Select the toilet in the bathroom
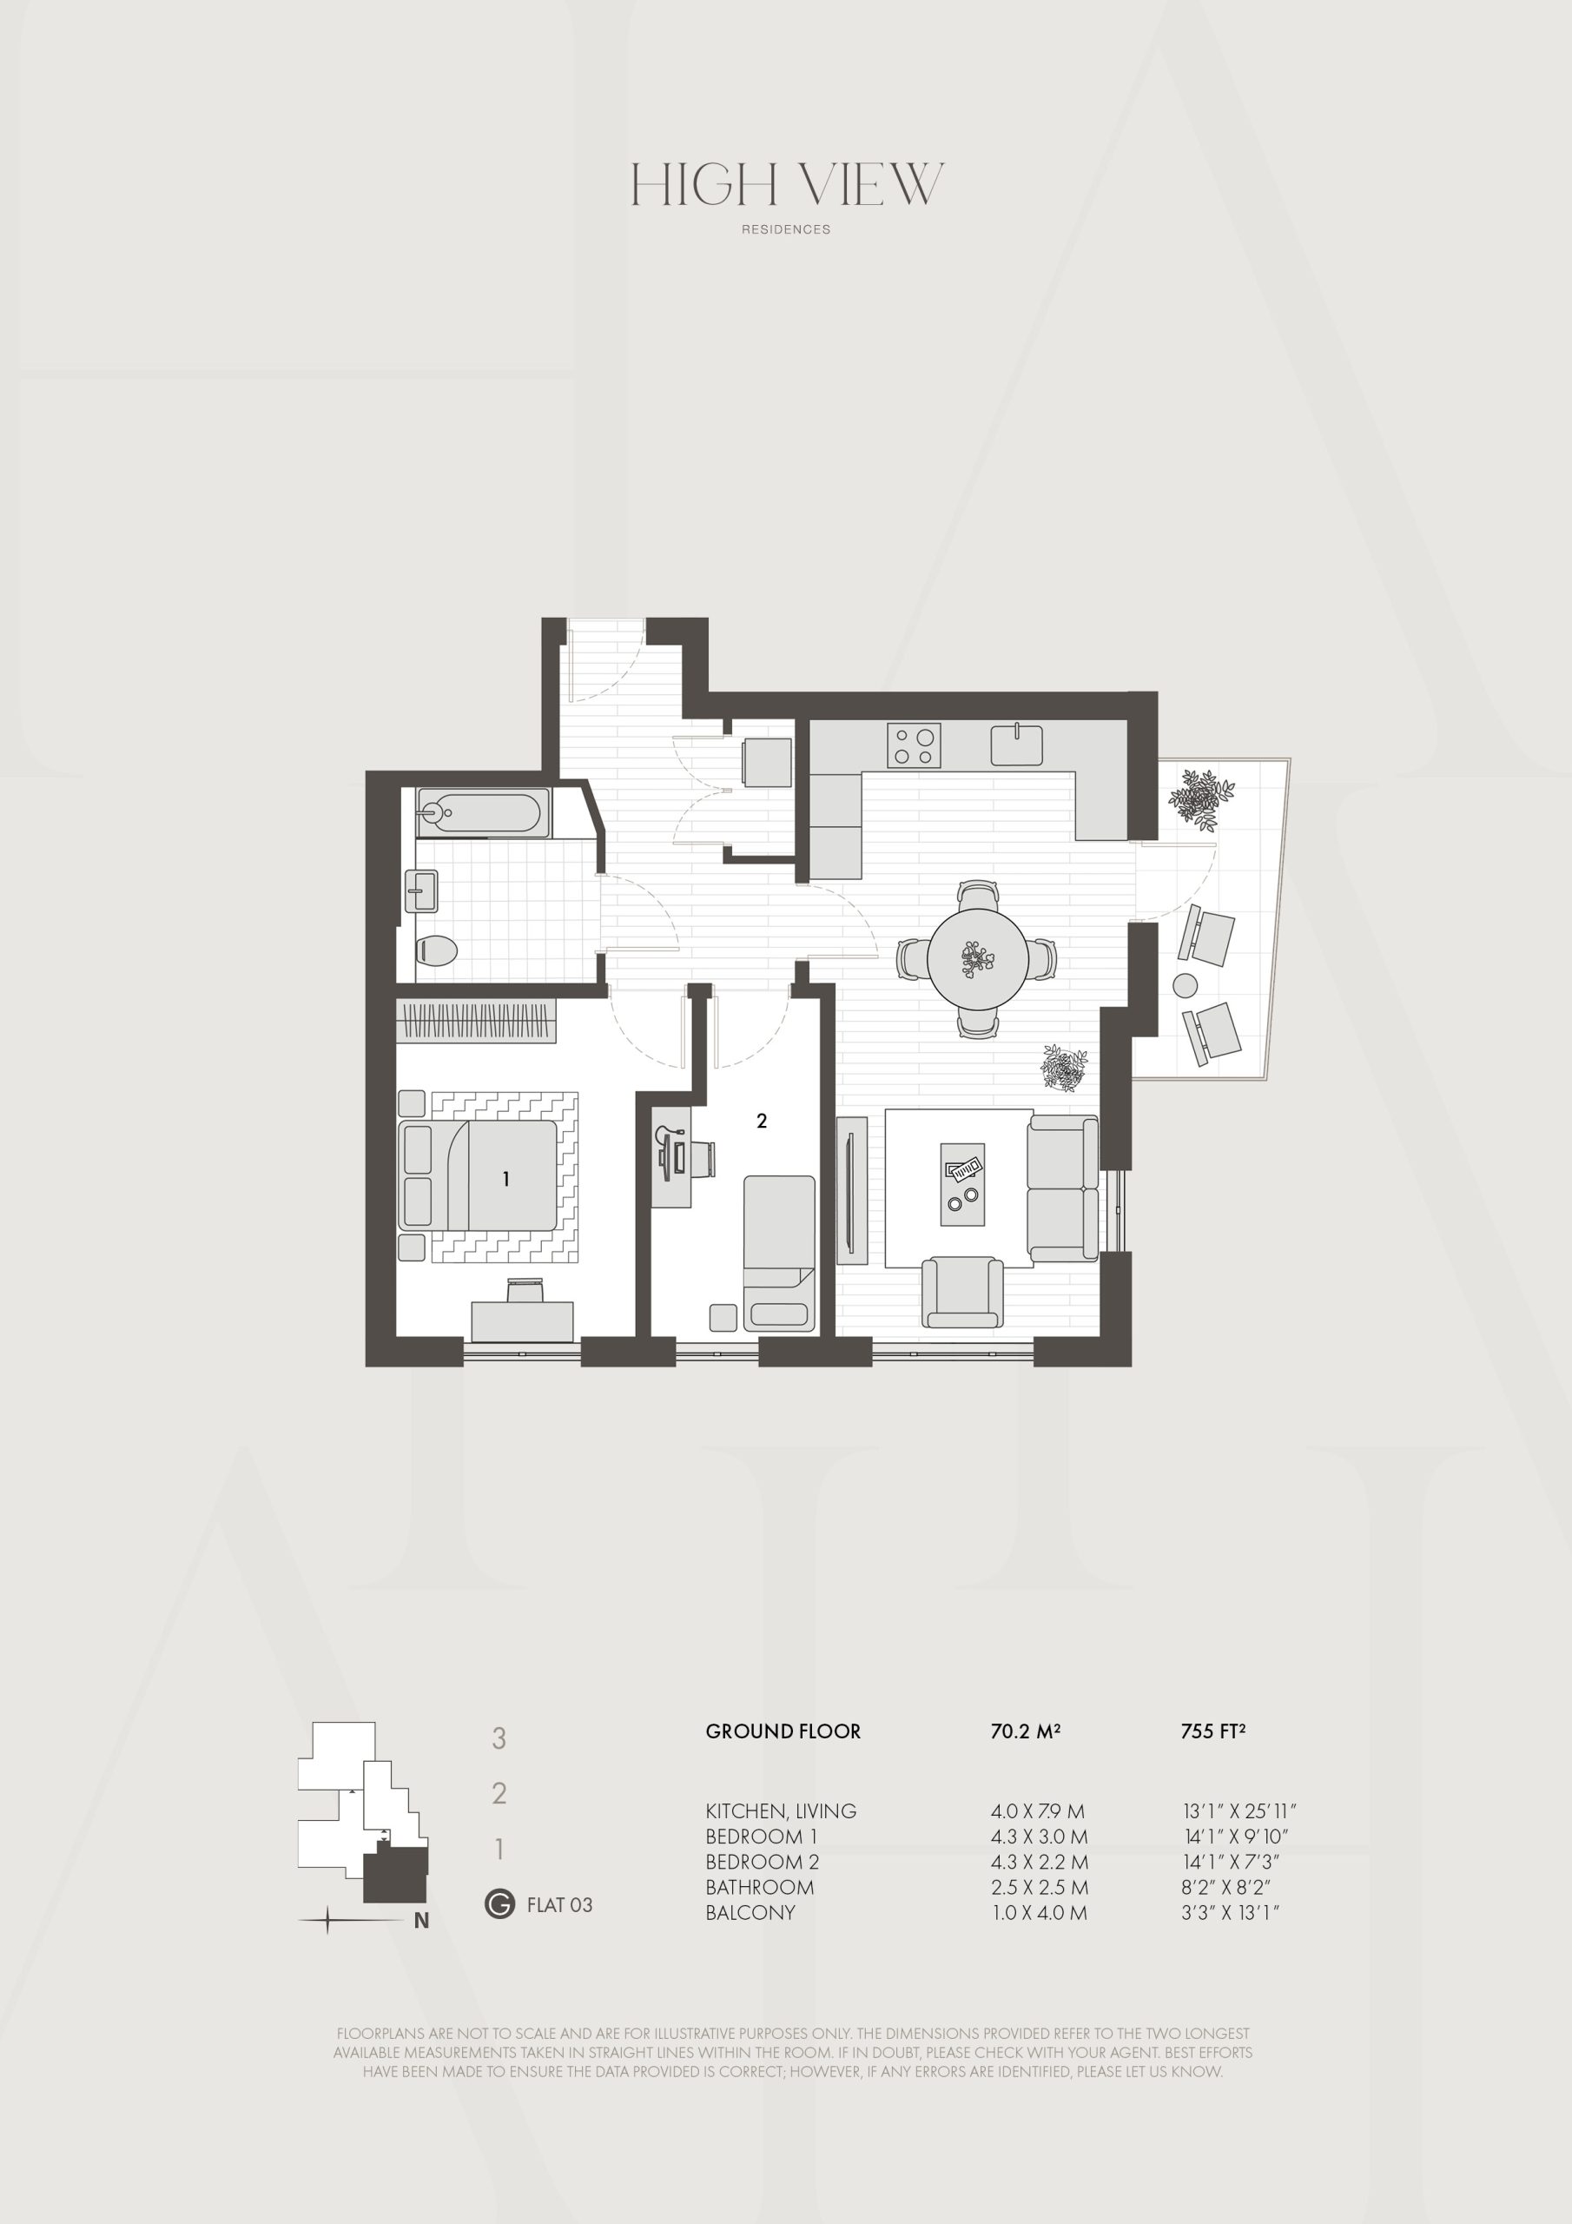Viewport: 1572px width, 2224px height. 436,950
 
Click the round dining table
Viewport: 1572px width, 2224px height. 977,959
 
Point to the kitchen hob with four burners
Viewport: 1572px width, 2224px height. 914,746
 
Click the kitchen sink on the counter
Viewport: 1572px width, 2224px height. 1017,745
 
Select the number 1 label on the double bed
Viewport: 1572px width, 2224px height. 505,1179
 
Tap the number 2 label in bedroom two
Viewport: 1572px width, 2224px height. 763,1121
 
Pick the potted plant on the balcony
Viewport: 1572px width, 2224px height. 1201,799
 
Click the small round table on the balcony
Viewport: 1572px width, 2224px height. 1185,986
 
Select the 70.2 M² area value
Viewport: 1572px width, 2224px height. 1025,1731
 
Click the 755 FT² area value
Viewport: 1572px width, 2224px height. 1212,1731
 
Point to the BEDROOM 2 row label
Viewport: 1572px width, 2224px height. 763,1862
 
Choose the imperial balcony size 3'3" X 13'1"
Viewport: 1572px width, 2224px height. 1230,1912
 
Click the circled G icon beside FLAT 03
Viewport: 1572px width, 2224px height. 499,1904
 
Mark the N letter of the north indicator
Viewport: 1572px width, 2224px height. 421,1921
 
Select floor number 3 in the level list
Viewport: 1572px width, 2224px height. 499,1738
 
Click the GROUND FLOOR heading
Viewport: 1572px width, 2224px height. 783,1731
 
